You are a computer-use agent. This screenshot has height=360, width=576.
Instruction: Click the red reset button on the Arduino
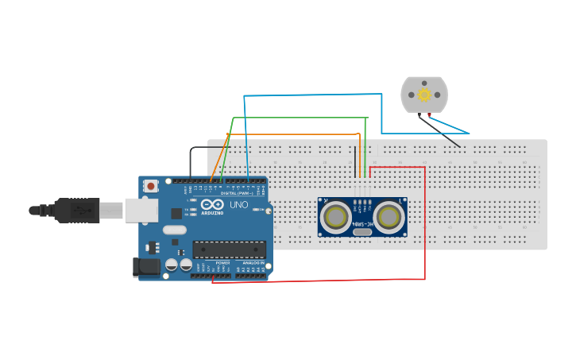(x=151, y=186)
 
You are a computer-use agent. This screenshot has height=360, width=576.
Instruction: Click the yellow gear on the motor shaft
(x=424, y=95)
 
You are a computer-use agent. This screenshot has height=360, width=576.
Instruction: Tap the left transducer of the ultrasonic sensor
(x=336, y=216)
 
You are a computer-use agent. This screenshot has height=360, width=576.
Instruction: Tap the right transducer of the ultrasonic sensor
(x=389, y=216)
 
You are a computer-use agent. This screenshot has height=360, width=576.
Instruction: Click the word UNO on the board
(x=239, y=205)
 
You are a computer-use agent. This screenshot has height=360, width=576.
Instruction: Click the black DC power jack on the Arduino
(x=149, y=268)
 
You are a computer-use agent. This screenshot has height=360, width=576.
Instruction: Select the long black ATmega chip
(x=229, y=250)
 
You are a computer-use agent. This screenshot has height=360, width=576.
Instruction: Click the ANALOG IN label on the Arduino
(x=253, y=262)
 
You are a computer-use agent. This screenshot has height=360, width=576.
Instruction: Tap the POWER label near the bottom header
(x=222, y=262)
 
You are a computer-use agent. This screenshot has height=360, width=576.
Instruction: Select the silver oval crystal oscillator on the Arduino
(x=174, y=230)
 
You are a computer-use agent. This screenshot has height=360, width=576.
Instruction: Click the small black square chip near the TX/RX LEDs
(x=176, y=213)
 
